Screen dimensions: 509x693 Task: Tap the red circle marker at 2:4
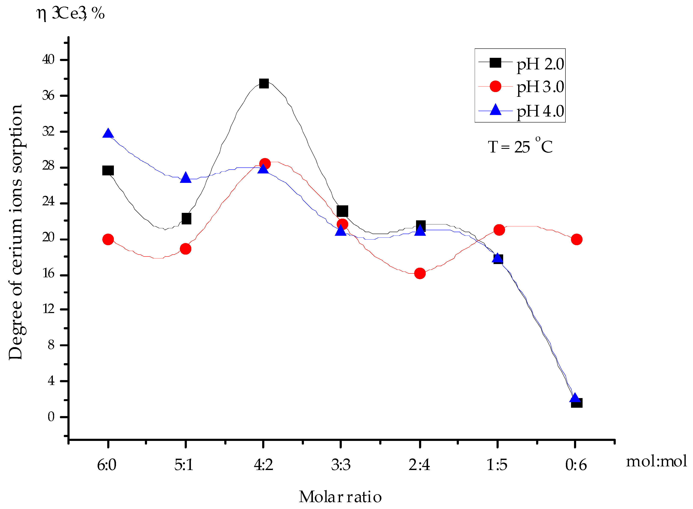[420, 273]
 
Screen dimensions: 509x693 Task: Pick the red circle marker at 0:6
[577, 239]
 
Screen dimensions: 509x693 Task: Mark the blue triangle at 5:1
[186, 178]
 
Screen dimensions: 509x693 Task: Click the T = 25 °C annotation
[520, 146]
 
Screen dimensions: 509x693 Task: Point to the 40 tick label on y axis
[48, 60]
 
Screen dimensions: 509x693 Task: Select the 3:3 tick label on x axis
[341, 465]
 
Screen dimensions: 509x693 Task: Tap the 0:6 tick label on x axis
[576, 465]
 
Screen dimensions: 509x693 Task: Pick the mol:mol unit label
[656, 461]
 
